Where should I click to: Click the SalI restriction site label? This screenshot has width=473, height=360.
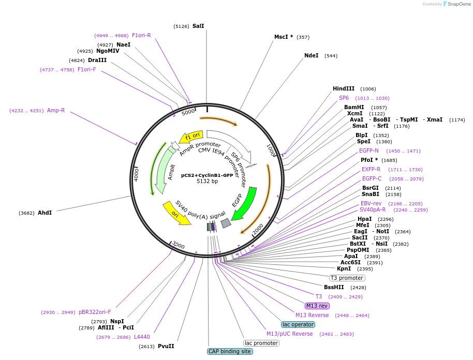[x=198, y=26]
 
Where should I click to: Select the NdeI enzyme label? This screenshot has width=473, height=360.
[x=311, y=55]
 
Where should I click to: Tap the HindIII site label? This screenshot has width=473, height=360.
[x=343, y=89]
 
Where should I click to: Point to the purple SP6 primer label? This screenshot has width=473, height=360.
[x=344, y=98]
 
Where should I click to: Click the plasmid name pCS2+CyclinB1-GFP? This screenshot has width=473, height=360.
[x=207, y=175]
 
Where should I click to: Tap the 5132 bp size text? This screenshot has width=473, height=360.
[x=207, y=182]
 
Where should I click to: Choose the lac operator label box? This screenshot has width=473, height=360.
[x=298, y=324]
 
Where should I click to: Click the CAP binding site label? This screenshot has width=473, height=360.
[x=230, y=351]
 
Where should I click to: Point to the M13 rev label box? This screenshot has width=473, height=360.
[x=317, y=306]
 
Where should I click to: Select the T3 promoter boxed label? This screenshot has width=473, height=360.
[x=347, y=278]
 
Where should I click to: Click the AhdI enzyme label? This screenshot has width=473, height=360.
[x=45, y=213]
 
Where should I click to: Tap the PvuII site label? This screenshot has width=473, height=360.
[x=166, y=346]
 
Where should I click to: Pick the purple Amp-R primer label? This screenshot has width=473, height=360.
[x=56, y=110]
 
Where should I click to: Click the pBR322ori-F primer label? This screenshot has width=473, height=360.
[x=95, y=312]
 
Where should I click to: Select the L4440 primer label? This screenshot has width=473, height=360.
[x=142, y=337]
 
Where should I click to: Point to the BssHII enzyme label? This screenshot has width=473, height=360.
[x=334, y=287]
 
